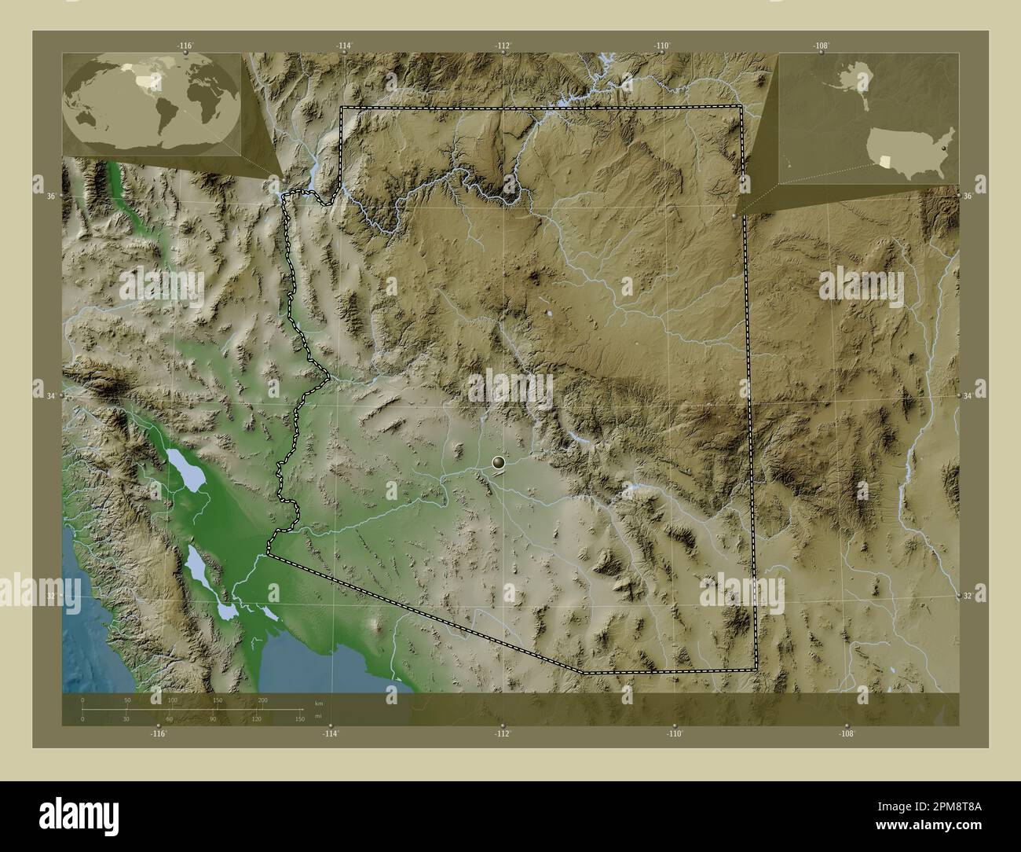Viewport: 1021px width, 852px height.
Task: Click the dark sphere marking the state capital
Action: click(500, 463)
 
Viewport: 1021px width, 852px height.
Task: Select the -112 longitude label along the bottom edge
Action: click(502, 733)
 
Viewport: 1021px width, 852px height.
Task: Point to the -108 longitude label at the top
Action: click(821, 46)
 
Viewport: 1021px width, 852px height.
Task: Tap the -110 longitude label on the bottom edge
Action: click(674, 733)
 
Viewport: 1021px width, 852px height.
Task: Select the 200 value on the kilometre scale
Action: click(262, 700)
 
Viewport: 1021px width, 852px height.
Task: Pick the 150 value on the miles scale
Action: click(299, 719)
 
